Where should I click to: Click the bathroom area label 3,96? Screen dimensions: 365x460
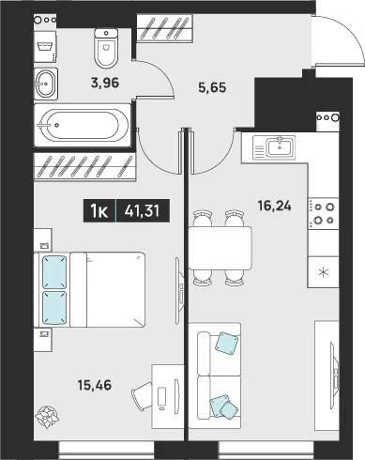[x=105, y=84]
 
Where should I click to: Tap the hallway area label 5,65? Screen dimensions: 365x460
[x=212, y=87]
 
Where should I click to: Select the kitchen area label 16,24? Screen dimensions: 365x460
[x=275, y=206]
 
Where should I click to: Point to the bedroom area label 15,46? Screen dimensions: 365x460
[x=95, y=385]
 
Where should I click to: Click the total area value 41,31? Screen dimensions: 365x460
[x=142, y=211]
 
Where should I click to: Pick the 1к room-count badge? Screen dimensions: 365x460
[x=99, y=211]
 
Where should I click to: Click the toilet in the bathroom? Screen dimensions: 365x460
[x=106, y=48]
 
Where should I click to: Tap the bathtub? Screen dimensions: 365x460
[x=82, y=125]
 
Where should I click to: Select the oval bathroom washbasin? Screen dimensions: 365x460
[x=46, y=84]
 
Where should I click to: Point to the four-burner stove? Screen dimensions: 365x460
[x=324, y=213]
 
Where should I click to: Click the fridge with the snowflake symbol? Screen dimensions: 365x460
[x=323, y=272]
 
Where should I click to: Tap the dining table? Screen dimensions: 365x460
[x=220, y=248]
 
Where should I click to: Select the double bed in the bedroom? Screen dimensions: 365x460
[x=90, y=290]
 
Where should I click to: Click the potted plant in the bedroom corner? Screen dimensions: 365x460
[x=47, y=417]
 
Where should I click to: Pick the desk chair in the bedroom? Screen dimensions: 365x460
[x=143, y=396]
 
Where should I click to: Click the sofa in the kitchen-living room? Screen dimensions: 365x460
[x=215, y=376]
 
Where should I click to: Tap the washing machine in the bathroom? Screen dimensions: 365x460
[x=45, y=46]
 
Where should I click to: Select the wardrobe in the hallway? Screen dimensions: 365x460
[x=165, y=27]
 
